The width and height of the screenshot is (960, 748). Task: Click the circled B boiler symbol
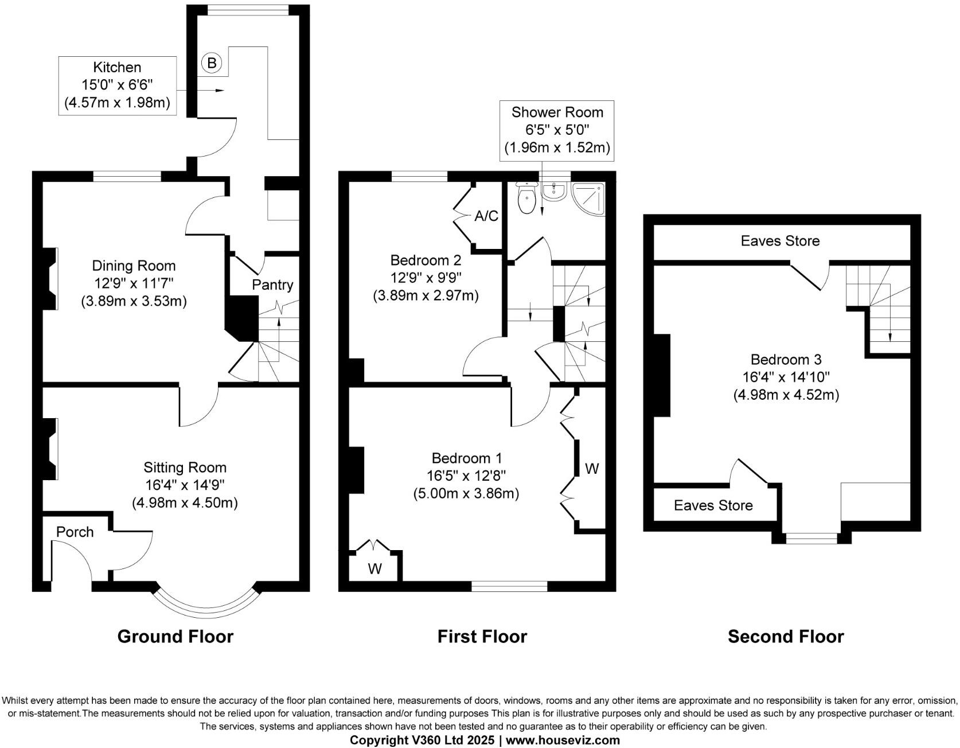tap(212, 63)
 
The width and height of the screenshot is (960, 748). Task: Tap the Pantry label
tap(272, 285)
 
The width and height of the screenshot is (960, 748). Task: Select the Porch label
tap(75, 532)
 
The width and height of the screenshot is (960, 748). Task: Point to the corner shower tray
tap(588, 198)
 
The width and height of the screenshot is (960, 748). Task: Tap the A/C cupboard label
tap(486, 216)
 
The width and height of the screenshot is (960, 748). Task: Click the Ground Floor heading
tap(175, 636)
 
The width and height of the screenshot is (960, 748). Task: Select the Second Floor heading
tap(786, 636)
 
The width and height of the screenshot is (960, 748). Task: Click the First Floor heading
tap(482, 636)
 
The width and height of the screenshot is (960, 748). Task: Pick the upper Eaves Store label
tap(780, 241)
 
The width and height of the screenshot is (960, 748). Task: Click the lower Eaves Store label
tap(713, 505)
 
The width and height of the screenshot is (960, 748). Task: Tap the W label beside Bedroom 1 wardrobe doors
tap(592, 469)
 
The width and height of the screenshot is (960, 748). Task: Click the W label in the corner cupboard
tap(374, 568)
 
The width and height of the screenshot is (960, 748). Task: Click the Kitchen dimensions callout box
tap(118, 85)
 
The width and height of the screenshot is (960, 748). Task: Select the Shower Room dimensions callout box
tap(557, 130)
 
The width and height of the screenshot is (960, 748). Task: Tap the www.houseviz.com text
tap(563, 740)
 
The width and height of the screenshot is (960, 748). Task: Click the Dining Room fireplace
tap(50, 278)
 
